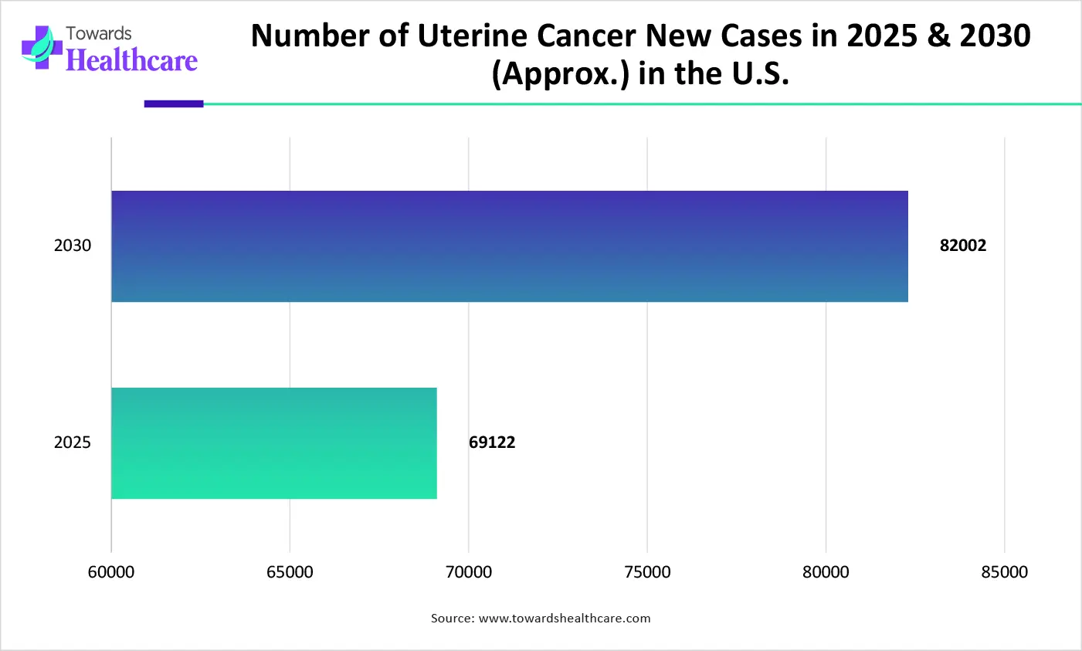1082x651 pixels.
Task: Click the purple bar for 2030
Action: (510, 246)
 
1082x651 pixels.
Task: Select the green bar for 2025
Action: (274, 443)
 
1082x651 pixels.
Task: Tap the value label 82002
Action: (962, 246)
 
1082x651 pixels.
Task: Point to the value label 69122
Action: (492, 442)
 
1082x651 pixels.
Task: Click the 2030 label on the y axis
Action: (73, 246)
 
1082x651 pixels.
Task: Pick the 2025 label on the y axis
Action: (73, 442)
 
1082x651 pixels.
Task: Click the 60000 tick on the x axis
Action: (111, 572)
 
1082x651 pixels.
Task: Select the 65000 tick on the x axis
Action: (290, 572)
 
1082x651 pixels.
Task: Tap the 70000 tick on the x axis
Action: (469, 572)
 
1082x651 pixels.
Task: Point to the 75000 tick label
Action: (647, 572)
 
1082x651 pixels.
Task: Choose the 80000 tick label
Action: (826, 572)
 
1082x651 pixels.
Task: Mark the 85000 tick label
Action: (1005, 572)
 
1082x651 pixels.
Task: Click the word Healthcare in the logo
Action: (132, 60)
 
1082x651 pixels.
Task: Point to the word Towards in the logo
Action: (99, 34)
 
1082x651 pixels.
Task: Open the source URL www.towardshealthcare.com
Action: (565, 619)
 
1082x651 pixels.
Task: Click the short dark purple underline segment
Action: (174, 103)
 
